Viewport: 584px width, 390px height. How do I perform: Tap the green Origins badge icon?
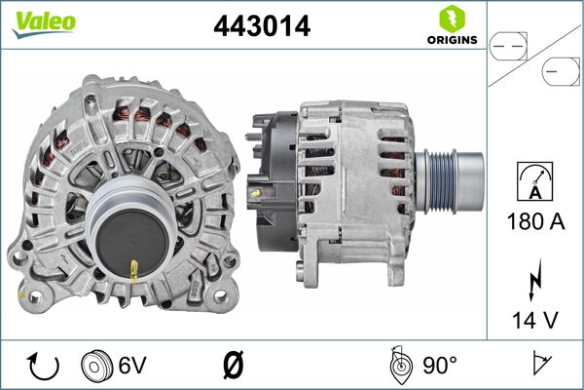click(x=451, y=19)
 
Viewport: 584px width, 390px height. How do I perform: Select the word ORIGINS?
click(x=451, y=40)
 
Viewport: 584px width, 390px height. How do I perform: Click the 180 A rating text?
click(x=535, y=221)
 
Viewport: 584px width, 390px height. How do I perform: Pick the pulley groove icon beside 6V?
click(x=97, y=367)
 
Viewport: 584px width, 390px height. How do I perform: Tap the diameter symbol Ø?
click(x=233, y=367)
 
